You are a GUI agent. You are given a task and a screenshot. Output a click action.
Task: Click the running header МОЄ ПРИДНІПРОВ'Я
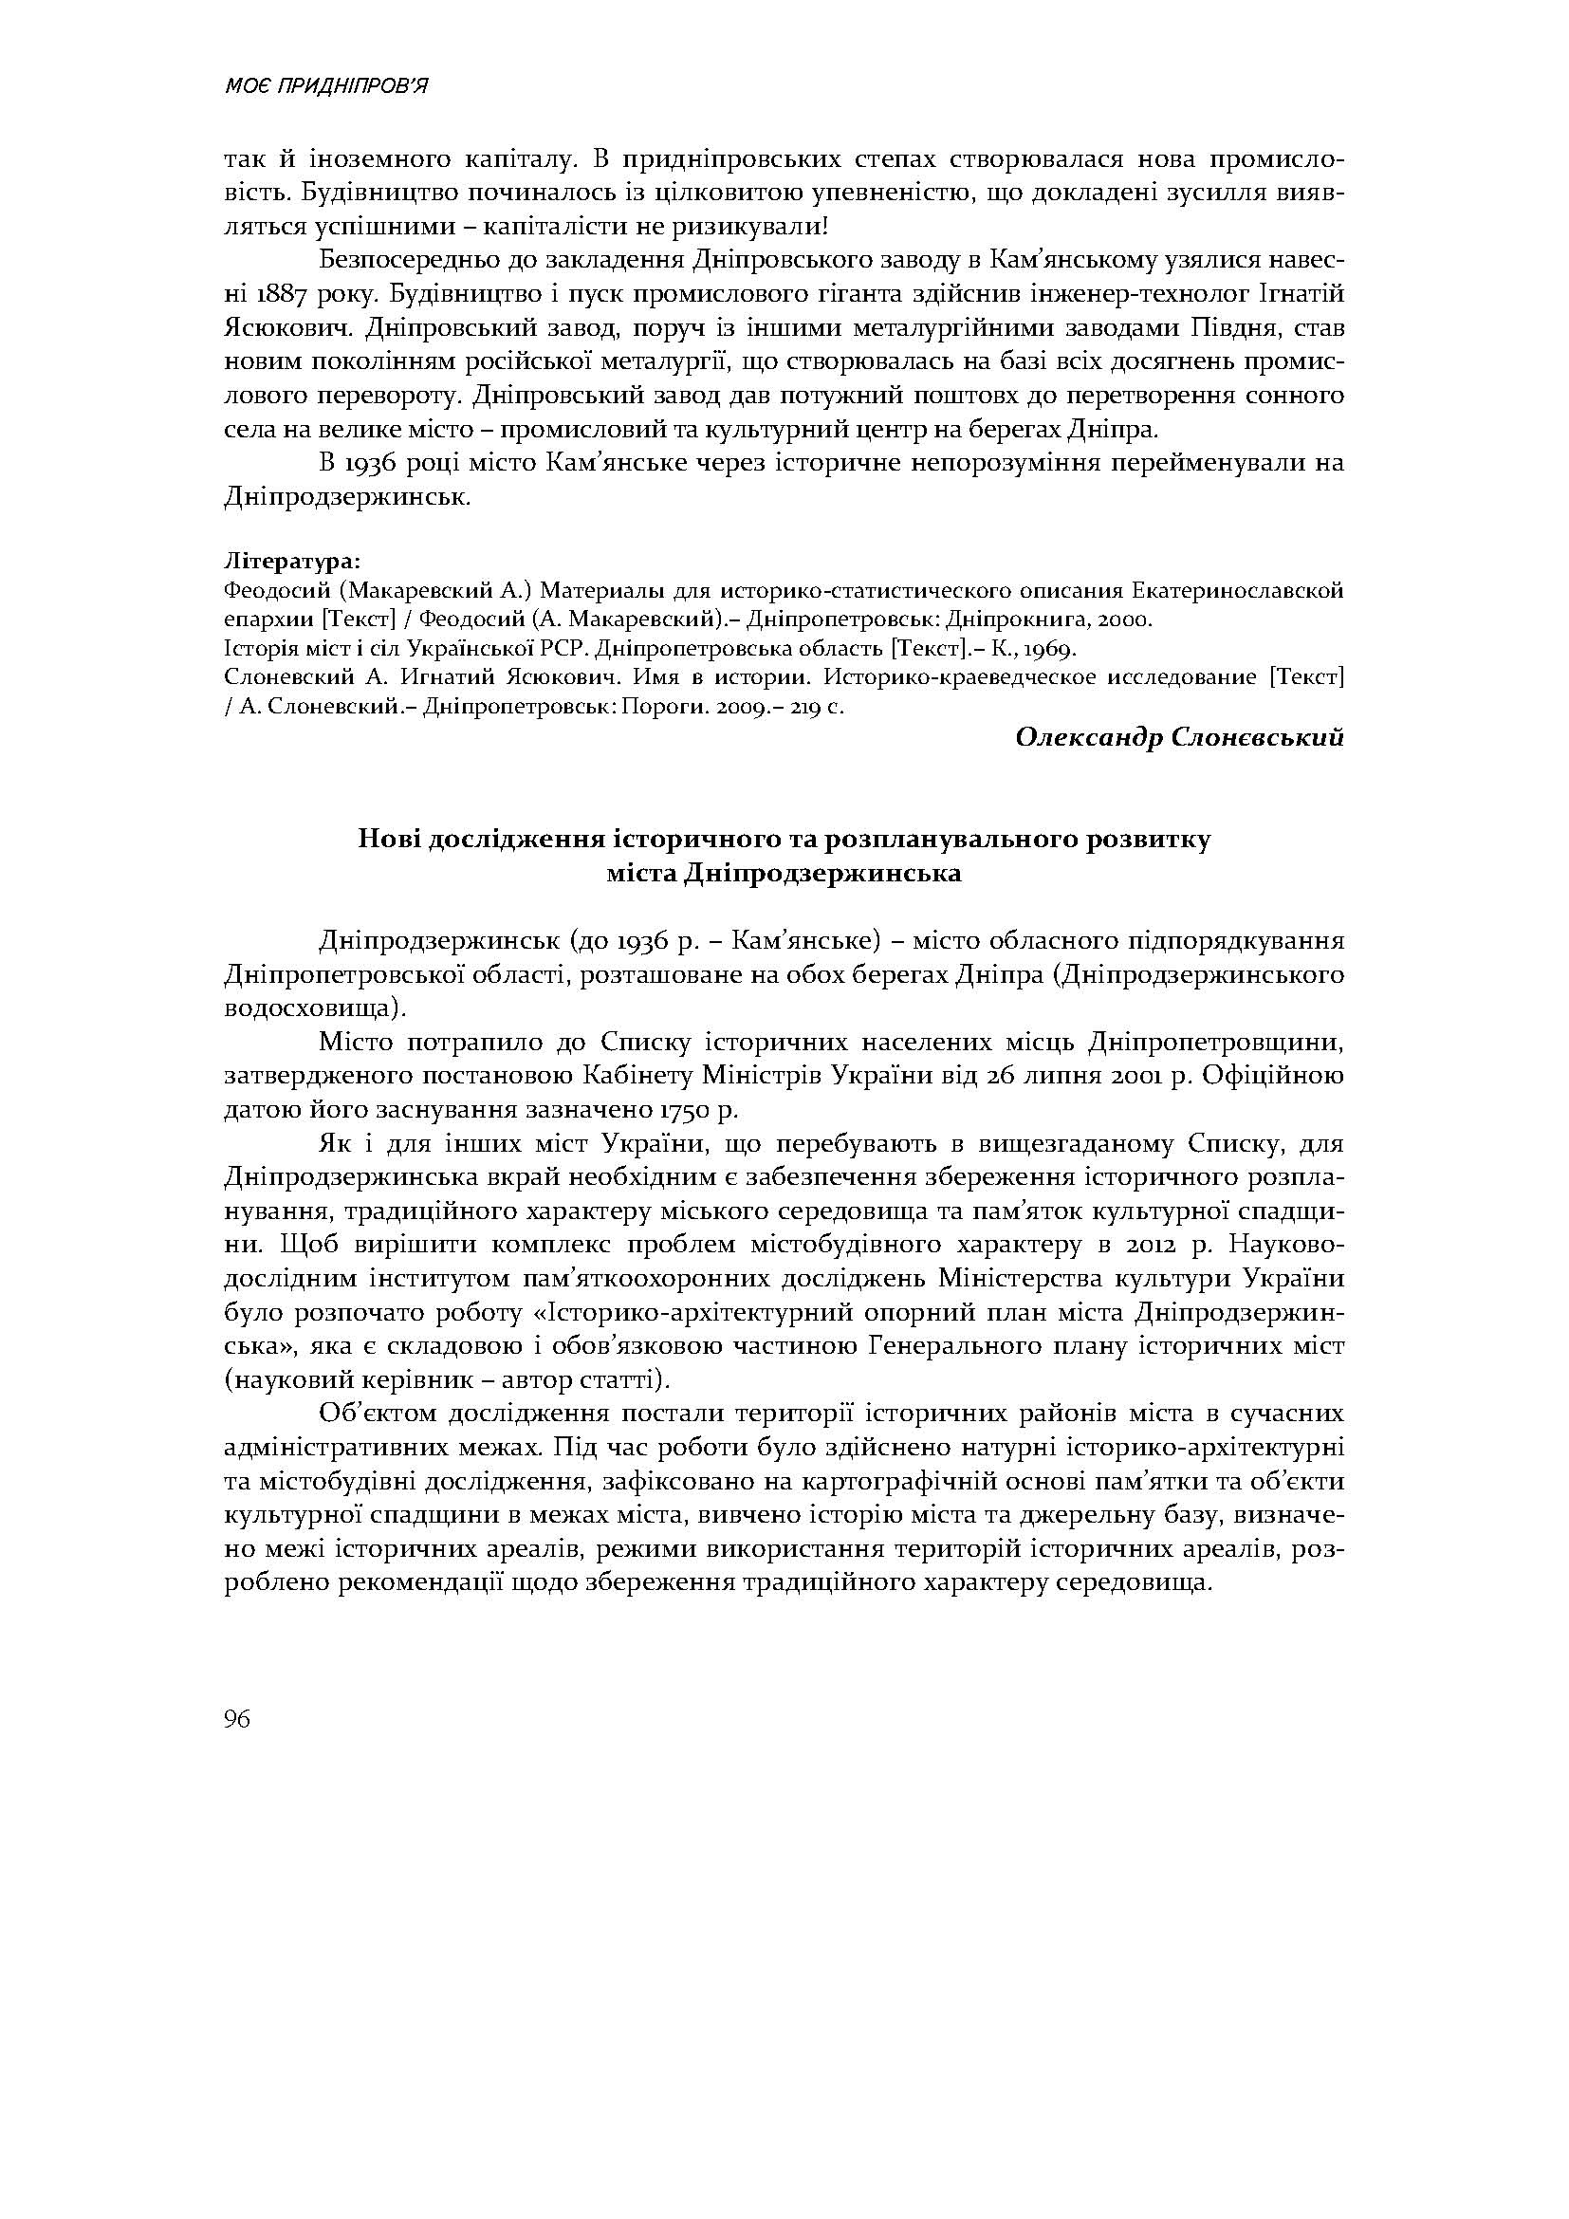pyautogui.click(x=325, y=87)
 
